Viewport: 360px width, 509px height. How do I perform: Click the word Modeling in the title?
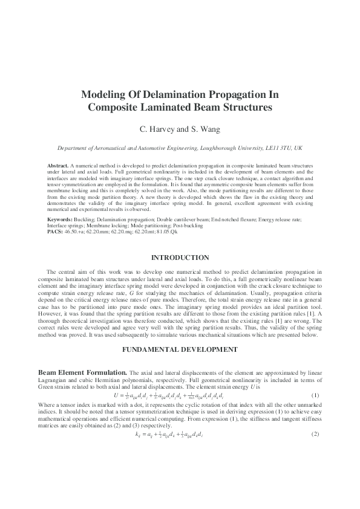[x=105, y=96]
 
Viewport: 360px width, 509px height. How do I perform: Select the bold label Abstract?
[x=58, y=165]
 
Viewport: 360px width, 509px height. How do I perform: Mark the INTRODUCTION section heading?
[x=180, y=258]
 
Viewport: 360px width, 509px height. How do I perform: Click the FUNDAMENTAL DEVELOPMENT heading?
[x=180, y=350]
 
